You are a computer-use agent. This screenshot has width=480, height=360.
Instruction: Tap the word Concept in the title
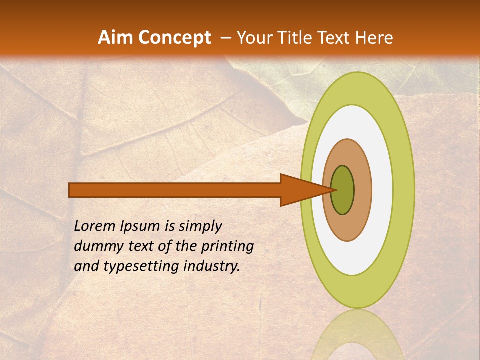[x=175, y=38]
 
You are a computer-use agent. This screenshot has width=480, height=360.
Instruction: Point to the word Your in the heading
[x=254, y=38]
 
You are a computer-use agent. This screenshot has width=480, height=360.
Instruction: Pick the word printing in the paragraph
[x=227, y=246]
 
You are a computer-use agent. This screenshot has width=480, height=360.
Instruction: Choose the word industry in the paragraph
[x=212, y=266]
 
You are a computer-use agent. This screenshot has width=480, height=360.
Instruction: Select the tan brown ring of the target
[x=362, y=190]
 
